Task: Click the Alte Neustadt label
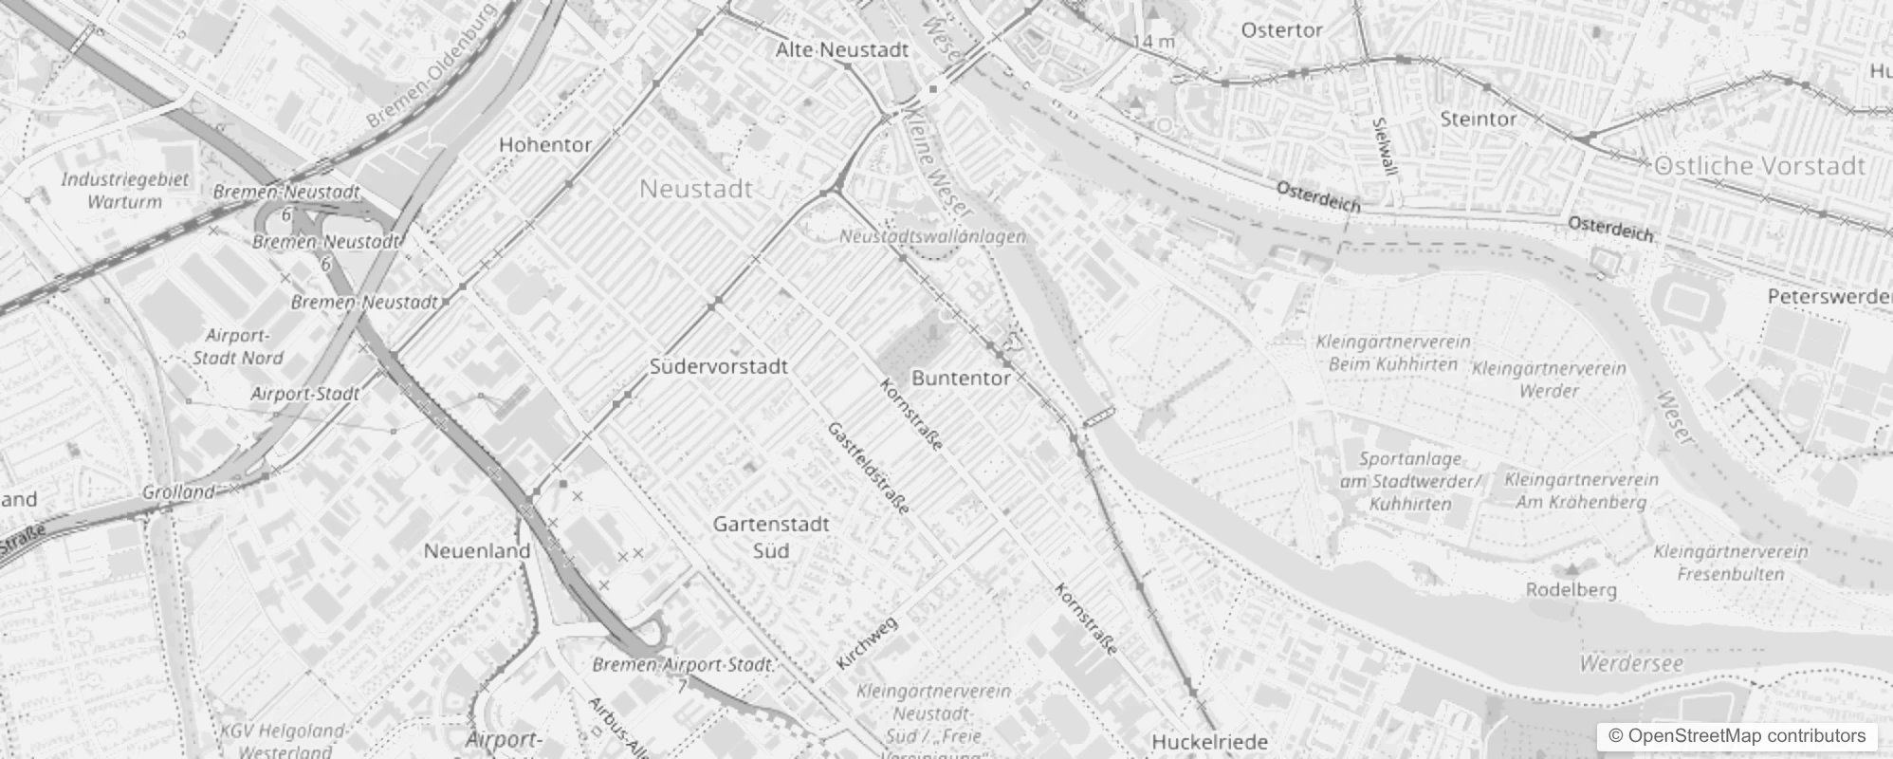click(x=842, y=50)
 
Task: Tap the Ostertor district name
click(x=1281, y=30)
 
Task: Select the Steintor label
click(x=1478, y=120)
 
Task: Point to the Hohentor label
click(x=545, y=145)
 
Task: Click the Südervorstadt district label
click(x=718, y=366)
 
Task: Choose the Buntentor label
click(x=961, y=378)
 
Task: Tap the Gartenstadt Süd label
click(x=771, y=537)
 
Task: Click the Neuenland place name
click(x=477, y=551)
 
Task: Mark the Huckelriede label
click(x=1209, y=741)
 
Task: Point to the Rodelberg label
click(x=1571, y=590)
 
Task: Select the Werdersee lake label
click(x=1631, y=663)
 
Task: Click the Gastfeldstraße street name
click(x=869, y=469)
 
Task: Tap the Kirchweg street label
click(x=867, y=643)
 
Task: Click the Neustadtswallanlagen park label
click(x=932, y=236)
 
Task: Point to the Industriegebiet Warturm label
click(x=125, y=190)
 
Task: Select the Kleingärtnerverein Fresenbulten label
click(x=1731, y=563)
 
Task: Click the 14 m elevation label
click(x=1153, y=42)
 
